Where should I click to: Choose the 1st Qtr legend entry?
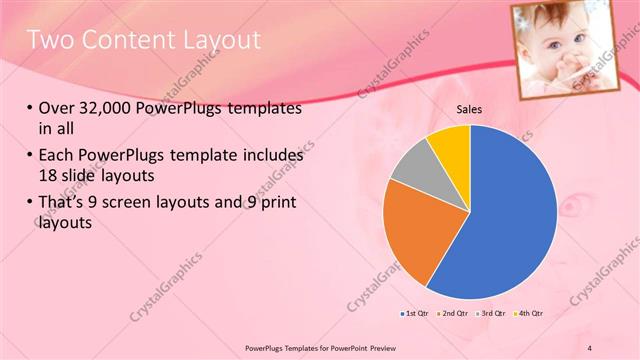coord(416,315)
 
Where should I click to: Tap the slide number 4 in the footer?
coord(590,346)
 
